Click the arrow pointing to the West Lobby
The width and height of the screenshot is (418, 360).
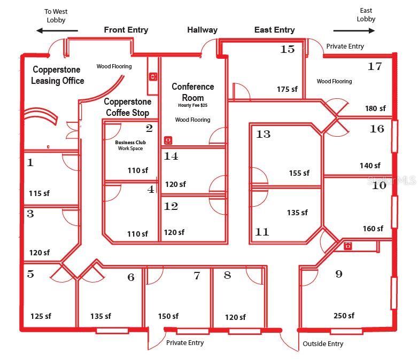point(57,30)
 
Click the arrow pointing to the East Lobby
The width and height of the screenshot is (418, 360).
point(354,30)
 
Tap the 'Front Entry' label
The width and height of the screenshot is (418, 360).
point(126,30)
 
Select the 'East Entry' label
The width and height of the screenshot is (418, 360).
point(275,30)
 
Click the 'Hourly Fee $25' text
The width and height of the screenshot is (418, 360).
point(193,105)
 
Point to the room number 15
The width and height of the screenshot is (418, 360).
point(288,49)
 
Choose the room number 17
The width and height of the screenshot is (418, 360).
point(375,66)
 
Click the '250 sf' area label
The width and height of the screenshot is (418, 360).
point(344,316)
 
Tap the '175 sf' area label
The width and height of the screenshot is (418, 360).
point(287,89)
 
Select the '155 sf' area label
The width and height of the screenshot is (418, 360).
point(299,173)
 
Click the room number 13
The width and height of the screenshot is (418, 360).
point(263,134)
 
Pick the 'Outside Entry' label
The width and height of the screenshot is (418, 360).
point(323,344)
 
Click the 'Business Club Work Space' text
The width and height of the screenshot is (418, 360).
point(130,145)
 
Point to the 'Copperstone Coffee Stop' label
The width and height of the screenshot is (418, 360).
point(127,107)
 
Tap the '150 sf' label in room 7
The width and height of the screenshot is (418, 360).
point(168,316)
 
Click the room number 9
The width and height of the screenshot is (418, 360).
point(339,274)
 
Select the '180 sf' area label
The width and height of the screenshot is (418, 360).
point(375,108)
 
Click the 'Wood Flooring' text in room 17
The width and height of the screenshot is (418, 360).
point(334,81)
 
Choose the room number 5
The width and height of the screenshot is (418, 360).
point(30,274)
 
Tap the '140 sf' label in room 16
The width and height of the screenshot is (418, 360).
point(370,166)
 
